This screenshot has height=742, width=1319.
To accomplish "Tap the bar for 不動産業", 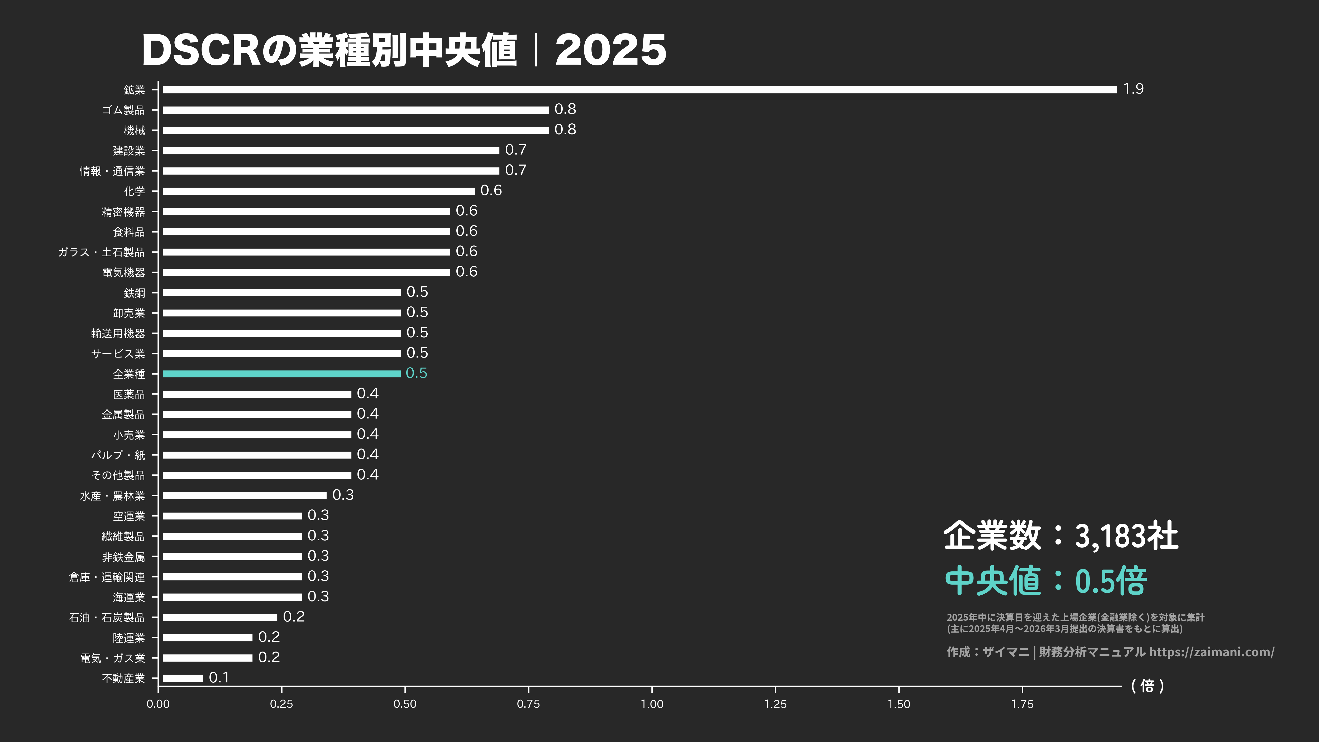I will (183, 678).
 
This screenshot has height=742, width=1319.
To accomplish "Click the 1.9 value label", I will (1133, 89).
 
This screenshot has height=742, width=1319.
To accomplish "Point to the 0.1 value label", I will (219, 677).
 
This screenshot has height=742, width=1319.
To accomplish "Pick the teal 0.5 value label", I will (416, 373).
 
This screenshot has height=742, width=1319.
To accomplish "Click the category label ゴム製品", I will (123, 110).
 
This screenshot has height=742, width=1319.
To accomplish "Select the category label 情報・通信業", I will (112, 171).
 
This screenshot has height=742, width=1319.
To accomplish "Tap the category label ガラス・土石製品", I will (101, 252).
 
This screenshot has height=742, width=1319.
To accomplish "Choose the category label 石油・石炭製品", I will (107, 618).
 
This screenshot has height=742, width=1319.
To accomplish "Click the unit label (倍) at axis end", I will (1148, 686).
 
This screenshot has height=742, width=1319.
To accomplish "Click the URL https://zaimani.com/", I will (1211, 652).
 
